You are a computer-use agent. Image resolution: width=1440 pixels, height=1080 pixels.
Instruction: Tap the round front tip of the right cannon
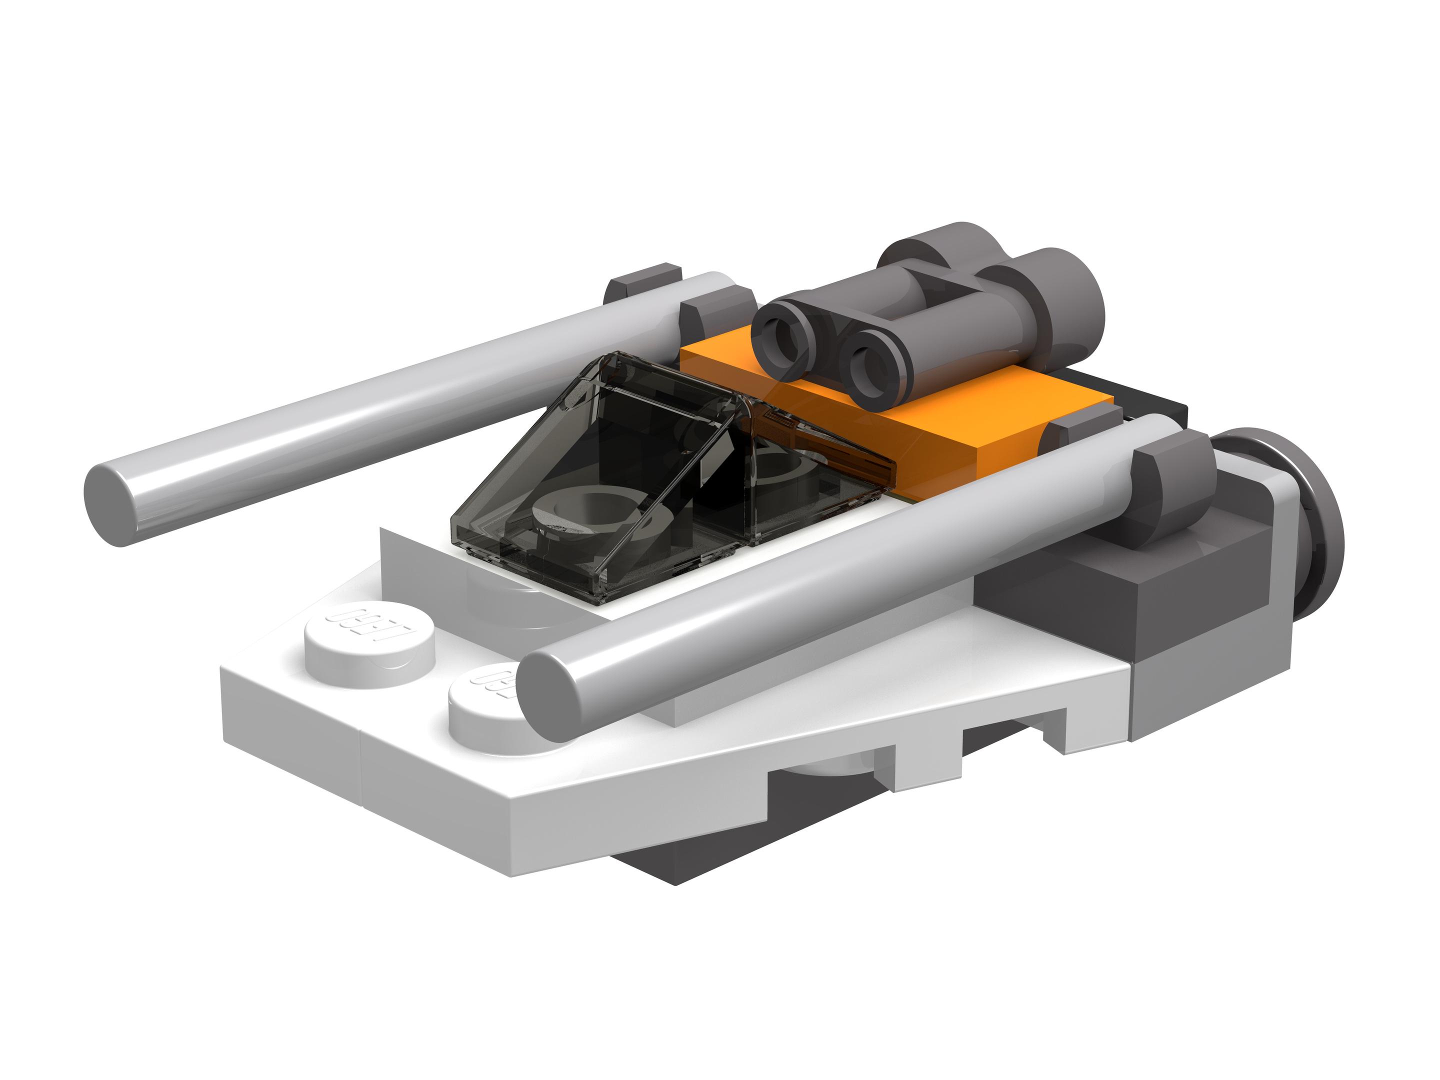coord(550,696)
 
